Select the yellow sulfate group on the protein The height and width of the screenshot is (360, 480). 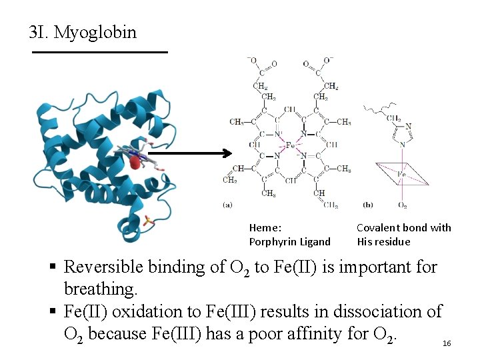pyautogui.click(x=148, y=221)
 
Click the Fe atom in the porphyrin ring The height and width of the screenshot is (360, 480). pyautogui.click(x=289, y=145)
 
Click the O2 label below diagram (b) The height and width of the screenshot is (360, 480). pyautogui.click(x=402, y=205)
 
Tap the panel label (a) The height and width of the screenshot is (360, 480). pyautogui.click(x=227, y=204)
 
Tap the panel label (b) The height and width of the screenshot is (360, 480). pyautogui.click(x=368, y=204)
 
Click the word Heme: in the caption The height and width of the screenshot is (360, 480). pyautogui.click(x=265, y=228)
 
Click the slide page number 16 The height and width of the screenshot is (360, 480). pyautogui.click(x=447, y=343)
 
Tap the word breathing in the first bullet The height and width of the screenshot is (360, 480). pyautogui.click(x=99, y=289)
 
